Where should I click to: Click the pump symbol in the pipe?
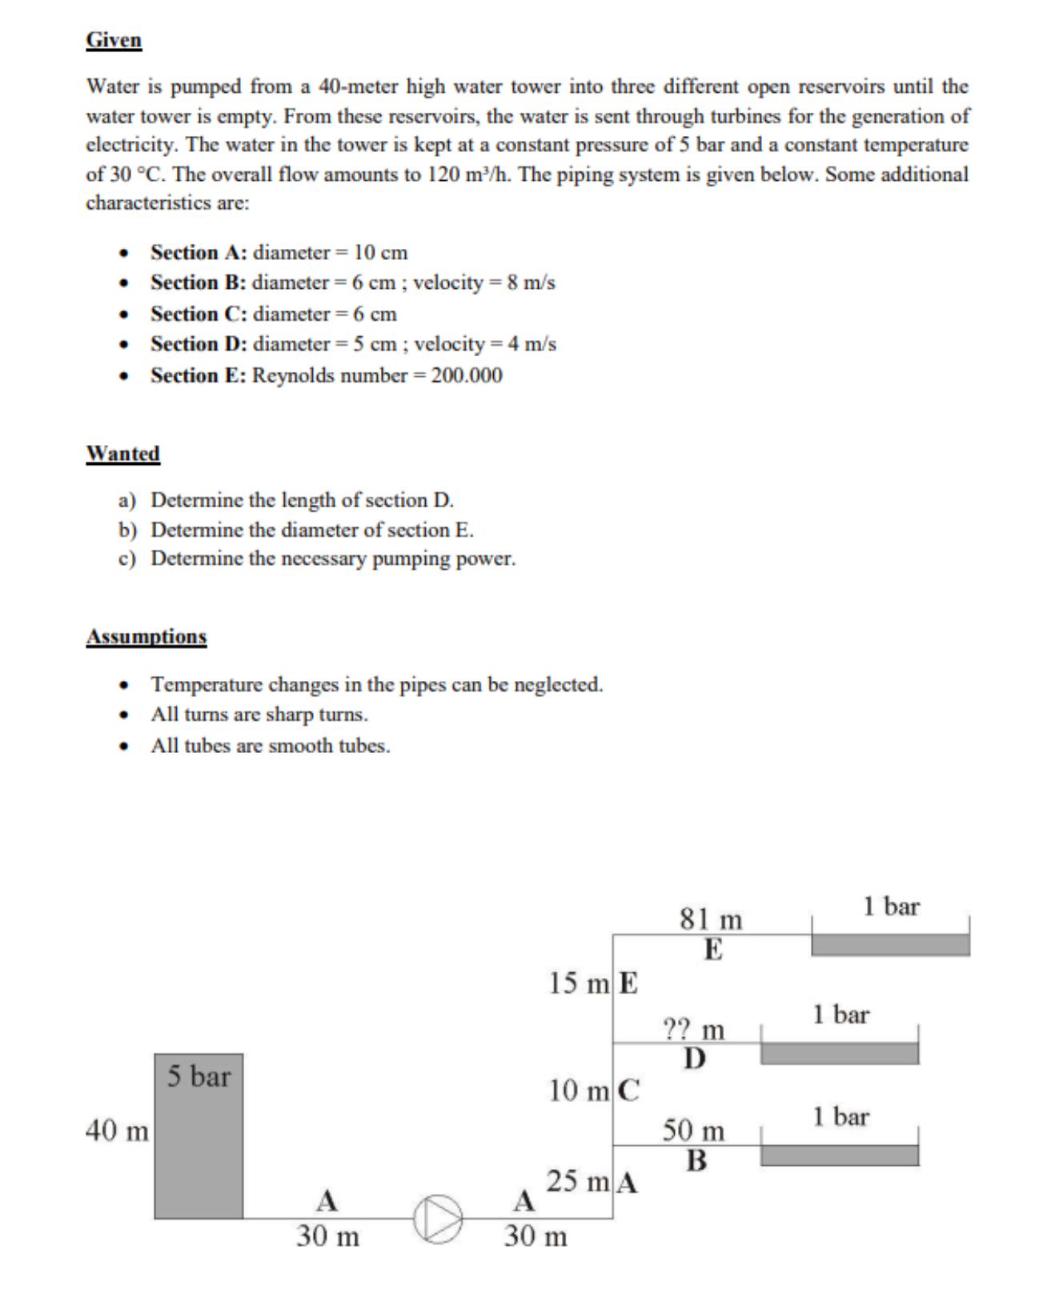(x=438, y=1219)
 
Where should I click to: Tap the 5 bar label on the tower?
(x=199, y=1076)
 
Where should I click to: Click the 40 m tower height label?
(x=117, y=1131)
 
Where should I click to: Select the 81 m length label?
(x=711, y=919)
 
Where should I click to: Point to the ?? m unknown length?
(x=694, y=1028)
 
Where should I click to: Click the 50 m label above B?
(x=693, y=1131)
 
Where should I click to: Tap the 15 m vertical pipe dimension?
(x=579, y=983)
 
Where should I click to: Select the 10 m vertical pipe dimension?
(x=579, y=1090)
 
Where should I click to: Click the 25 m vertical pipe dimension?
(x=577, y=1181)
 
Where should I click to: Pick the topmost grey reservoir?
(x=890, y=945)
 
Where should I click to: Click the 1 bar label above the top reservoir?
(x=891, y=907)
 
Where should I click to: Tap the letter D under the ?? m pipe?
(x=695, y=1059)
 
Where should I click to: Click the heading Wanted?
(x=123, y=454)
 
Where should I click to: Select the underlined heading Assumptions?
(x=146, y=637)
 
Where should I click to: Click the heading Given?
(x=114, y=40)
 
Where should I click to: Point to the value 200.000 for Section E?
(x=467, y=375)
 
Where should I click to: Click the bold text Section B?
(x=198, y=282)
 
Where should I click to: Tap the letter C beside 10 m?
(x=629, y=1090)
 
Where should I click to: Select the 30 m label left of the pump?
(x=327, y=1236)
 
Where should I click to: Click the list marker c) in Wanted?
(x=127, y=559)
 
